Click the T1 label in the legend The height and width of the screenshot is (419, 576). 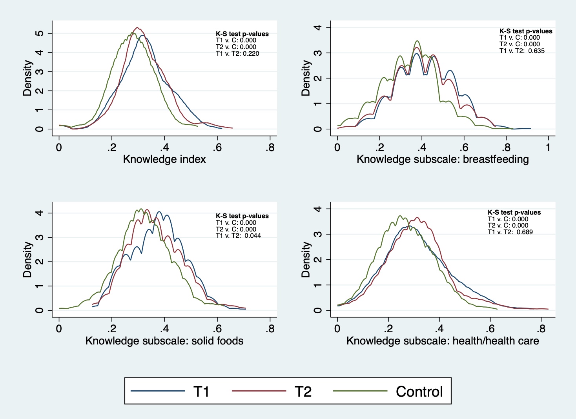201,392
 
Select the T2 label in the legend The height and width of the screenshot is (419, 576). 303,392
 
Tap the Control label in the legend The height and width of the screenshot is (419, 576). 419,392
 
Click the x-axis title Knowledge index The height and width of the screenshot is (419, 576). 164,159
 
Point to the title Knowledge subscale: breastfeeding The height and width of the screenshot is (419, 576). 443,159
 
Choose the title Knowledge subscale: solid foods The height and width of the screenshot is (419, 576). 164,341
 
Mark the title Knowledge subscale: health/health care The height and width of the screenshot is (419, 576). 443,341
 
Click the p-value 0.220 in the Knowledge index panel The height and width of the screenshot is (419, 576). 251,54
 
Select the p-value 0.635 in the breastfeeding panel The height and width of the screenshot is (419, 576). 536,51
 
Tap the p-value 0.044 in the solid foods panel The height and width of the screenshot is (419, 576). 253,235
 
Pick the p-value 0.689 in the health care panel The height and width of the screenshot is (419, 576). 525,232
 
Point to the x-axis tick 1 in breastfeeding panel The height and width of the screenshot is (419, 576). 548,148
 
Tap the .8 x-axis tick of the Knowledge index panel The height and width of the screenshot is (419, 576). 270,148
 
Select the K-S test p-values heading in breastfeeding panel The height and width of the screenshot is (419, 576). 526,31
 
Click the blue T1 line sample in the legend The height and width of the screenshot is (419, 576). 157,391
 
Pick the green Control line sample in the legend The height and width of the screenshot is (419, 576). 360,391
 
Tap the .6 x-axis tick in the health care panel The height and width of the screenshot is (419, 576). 490,329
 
